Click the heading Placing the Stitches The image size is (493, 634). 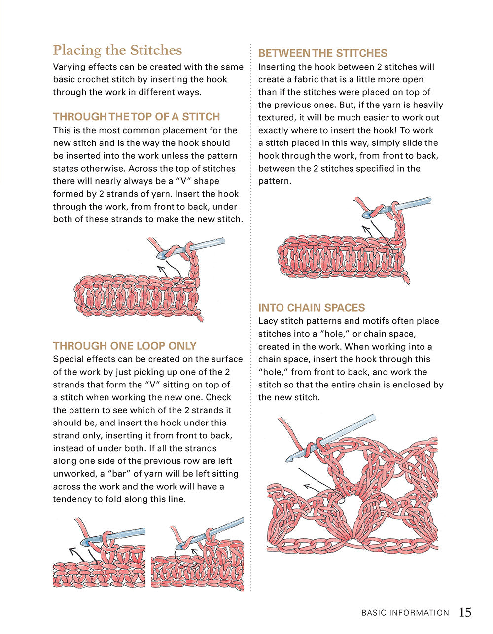coord(117,50)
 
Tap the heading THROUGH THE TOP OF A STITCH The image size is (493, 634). coord(137,117)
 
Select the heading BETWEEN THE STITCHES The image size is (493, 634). coord(322,53)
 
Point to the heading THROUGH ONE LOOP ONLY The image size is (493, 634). coord(125,346)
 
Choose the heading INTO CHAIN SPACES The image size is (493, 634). coord(312,308)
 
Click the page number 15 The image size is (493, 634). coord(465,612)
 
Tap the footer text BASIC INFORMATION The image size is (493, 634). coord(405,613)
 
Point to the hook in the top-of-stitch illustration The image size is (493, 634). coord(192,248)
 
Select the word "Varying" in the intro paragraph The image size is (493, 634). coord(69,67)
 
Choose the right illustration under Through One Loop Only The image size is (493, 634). coord(198,554)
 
